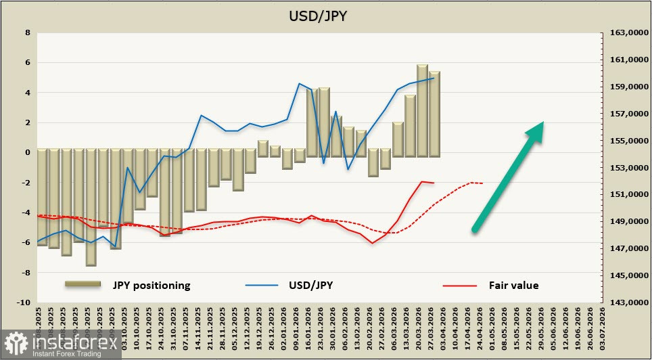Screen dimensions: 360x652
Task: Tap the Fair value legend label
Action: (513, 285)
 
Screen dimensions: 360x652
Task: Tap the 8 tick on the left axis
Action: (27, 32)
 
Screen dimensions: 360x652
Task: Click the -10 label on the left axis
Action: (24, 302)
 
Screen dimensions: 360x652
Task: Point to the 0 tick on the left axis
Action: (27, 152)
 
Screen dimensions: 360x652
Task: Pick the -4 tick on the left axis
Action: (26, 212)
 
